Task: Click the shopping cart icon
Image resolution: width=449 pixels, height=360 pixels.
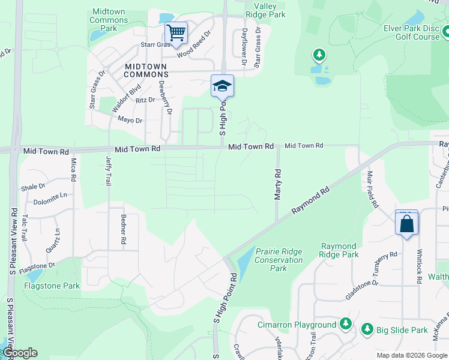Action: pos(176,32)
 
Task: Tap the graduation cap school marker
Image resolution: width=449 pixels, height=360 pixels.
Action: pos(222,86)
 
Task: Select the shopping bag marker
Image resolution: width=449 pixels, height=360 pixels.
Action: pos(406,223)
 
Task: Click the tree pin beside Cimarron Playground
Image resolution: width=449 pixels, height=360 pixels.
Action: pos(345,325)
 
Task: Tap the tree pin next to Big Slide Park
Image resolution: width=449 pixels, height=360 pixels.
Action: pos(367,329)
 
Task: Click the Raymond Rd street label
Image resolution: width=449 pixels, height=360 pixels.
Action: pos(311,200)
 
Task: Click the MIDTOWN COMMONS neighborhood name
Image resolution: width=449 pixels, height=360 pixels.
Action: pos(146,70)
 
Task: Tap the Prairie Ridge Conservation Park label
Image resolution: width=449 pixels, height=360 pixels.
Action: pos(279,260)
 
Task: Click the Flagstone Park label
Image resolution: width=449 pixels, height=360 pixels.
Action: pos(52,286)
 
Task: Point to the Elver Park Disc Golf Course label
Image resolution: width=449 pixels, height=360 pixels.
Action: pos(412,32)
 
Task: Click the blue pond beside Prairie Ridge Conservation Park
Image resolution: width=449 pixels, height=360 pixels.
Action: pos(245,261)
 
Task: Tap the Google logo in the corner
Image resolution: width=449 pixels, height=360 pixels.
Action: pos(19,353)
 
